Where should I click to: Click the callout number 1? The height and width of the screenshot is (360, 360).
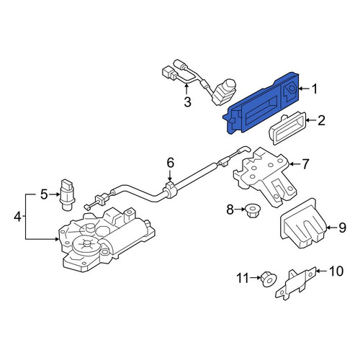tap(314, 89)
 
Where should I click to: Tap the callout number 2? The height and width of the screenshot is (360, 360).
tap(321, 120)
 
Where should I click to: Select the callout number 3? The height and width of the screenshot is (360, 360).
tap(187, 102)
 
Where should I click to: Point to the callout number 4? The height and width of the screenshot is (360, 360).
tap(17, 217)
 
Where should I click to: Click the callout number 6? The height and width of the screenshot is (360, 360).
tap(170, 163)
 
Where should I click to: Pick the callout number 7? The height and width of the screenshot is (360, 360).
tap(305, 164)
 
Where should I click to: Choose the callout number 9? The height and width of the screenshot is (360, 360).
tap(342, 228)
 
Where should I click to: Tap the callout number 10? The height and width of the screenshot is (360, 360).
tap(336, 271)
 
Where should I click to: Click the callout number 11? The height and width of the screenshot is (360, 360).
tap(243, 279)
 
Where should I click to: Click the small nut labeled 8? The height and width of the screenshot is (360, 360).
tap(252, 211)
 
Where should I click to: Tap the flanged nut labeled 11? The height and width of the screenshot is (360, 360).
tap(269, 279)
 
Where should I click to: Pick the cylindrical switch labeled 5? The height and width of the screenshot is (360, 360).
tap(67, 194)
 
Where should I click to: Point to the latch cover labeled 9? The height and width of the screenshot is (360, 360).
tap(304, 223)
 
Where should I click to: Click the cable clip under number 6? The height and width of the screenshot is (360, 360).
tap(170, 189)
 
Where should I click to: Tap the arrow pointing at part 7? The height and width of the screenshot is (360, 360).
tap(294, 164)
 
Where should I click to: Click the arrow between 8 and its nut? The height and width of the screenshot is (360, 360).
tap(240, 210)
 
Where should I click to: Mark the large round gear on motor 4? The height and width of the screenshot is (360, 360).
tap(86, 244)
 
